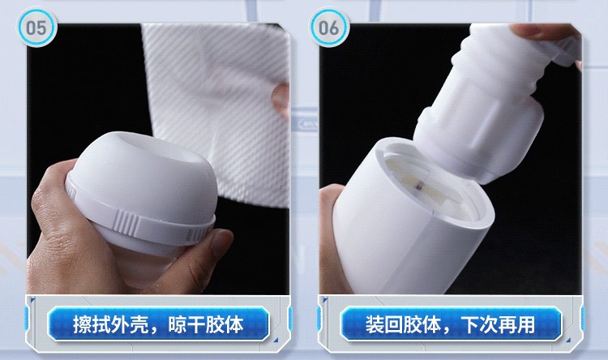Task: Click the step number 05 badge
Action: click(36, 28)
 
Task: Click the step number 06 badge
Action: click(329, 28)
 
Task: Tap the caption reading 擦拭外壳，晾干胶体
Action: click(158, 324)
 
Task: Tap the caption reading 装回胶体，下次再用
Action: click(451, 324)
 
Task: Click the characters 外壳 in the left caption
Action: click(130, 324)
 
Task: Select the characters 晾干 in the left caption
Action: click(187, 324)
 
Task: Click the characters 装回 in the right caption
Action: click(384, 324)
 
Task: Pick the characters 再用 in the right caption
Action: click(518, 324)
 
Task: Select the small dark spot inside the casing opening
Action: click(418, 186)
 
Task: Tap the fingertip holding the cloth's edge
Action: click(280, 100)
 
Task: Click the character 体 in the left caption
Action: click(235, 324)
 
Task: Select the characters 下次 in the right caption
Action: click(479, 324)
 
